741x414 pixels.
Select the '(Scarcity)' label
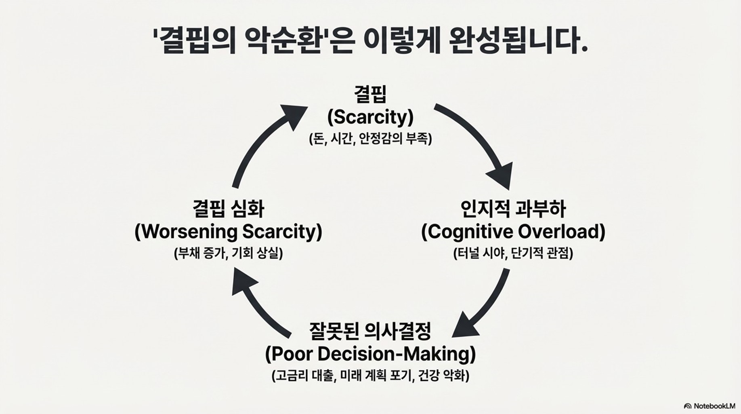pyautogui.click(x=370, y=117)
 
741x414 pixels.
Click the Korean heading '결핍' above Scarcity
pyautogui.click(x=370, y=94)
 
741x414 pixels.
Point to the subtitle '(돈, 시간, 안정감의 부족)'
pyautogui.click(x=370, y=139)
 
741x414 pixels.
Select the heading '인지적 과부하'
pyautogui.click(x=513, y=209)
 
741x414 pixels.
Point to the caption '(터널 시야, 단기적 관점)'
pyautogui.click(x=513, y=253)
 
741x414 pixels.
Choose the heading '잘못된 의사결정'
pyautogui.click(x=370, y=331)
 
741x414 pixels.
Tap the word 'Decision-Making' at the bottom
pyautogui.click(x=397, y=354)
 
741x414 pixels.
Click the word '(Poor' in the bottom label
pyautogui.click(x=288, y=354)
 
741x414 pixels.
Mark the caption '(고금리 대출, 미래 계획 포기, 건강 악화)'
pyautogui.click(x=370, y=376)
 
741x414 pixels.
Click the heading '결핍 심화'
pyautogui.click(x=228, y=209)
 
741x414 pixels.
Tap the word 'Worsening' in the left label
pyautogui.click(x=186, y=232)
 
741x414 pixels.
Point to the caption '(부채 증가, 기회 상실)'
pyautogui.click(x=228, y=253)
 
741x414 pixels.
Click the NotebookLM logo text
pyautogui.click(x=713, y=406)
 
